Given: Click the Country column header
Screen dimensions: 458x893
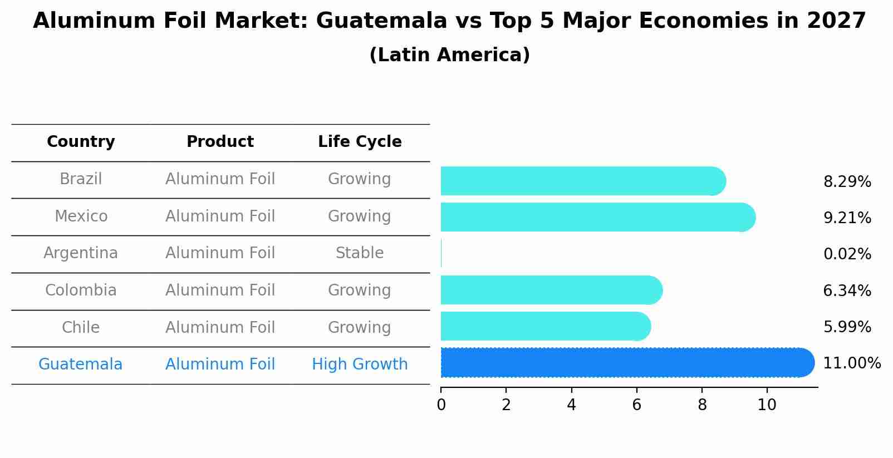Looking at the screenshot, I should [x=81, y=142].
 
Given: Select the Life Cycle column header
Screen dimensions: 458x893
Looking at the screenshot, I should [x=360, y=142].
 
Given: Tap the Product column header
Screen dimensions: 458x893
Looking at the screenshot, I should [x=220, y=142].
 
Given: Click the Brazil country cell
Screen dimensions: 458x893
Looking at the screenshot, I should [x=81, y=179].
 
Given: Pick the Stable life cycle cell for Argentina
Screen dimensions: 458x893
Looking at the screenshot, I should [x=360, y=253].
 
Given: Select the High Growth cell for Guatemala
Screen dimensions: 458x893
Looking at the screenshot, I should [x=360, y=365].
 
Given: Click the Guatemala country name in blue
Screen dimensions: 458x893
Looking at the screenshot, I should [x=81, y=365].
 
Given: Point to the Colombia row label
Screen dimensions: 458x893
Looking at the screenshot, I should [x=81, y=290].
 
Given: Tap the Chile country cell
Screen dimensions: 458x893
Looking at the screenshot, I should [x=81, y=327].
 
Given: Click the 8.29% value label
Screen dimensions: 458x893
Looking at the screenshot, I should [x=847, y=182].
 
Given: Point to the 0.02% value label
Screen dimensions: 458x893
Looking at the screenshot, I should [x=847, y=254].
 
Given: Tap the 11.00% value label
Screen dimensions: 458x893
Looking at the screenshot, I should [x=852, y=363].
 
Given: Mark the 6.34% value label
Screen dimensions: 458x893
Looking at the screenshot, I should [x=847, y=291].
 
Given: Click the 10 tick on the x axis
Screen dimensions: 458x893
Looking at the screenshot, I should [x=767, y=405].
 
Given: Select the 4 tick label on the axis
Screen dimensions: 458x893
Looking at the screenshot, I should [x=571, y=405].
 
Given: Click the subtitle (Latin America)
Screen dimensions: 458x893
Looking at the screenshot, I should [x=449, y=55].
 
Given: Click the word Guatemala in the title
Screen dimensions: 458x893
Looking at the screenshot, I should [x=381, y=21].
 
